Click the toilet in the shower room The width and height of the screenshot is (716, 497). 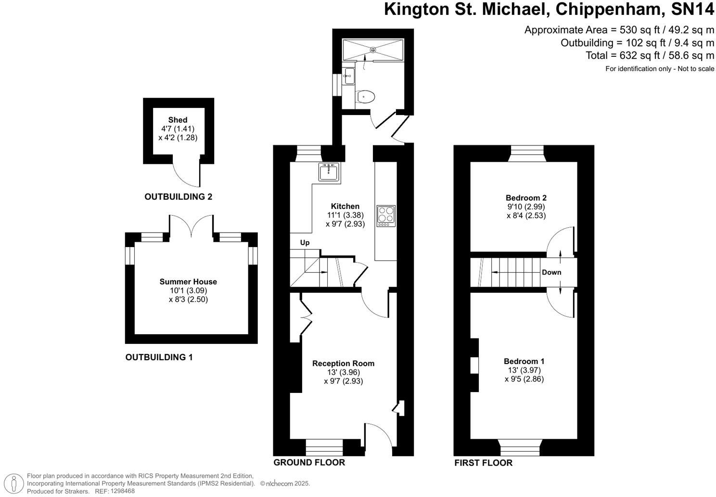coord(365,96)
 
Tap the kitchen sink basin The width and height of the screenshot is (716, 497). coord(329,172)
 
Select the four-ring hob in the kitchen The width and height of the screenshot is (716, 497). coord(386,216)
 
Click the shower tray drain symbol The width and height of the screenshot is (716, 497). coord(373,50)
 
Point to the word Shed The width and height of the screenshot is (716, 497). coord(178,120)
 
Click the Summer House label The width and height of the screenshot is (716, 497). coord(188,282)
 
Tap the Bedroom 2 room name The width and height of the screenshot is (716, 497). coord(526,197)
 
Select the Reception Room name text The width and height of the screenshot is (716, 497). coord(343,363)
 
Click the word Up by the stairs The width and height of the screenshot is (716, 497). coord(305,243)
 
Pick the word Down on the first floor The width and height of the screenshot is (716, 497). coord(551,272)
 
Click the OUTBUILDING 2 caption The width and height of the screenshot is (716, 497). coord(179,196)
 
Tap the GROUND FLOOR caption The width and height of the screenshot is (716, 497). coord(309,462)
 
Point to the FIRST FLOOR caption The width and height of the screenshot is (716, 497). coord(483,463)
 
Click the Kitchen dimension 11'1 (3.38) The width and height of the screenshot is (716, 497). coord(345,215)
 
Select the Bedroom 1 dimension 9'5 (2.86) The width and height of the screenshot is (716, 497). coord(524,379)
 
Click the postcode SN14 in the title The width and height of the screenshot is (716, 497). coord(692,9)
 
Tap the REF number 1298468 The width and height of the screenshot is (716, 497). coord(122,491)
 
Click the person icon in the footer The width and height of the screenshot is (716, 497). coord(13,483)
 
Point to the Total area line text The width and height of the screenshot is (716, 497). coord(650,55)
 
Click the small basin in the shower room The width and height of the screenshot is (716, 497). coord(349,76)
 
